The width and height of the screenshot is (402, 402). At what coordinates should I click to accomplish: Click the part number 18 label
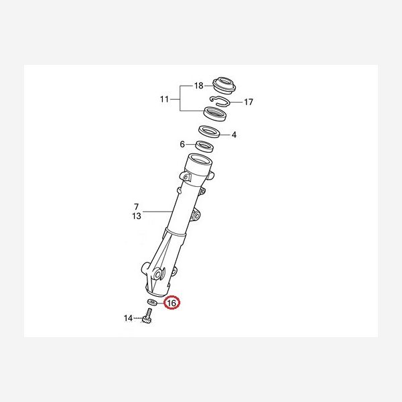(x=199, y=86)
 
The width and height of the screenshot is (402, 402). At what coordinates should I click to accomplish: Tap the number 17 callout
(x=248, y=102)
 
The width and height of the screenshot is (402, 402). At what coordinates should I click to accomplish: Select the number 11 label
(x=164, y=99)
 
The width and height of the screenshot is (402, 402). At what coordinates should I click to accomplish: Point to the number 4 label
(x=234, y=135)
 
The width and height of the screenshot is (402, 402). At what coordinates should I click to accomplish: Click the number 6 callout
(x=182, y=144)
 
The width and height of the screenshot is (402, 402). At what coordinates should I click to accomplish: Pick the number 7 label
(x=136, y=206)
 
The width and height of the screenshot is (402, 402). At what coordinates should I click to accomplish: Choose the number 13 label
(x=137, y=216)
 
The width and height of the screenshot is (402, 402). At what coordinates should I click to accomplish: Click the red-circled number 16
(x=172, y=303)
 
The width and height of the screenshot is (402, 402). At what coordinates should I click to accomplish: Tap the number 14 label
(x=128, y=318)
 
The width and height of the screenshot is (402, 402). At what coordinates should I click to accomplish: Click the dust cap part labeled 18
(x=224, y=85)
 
